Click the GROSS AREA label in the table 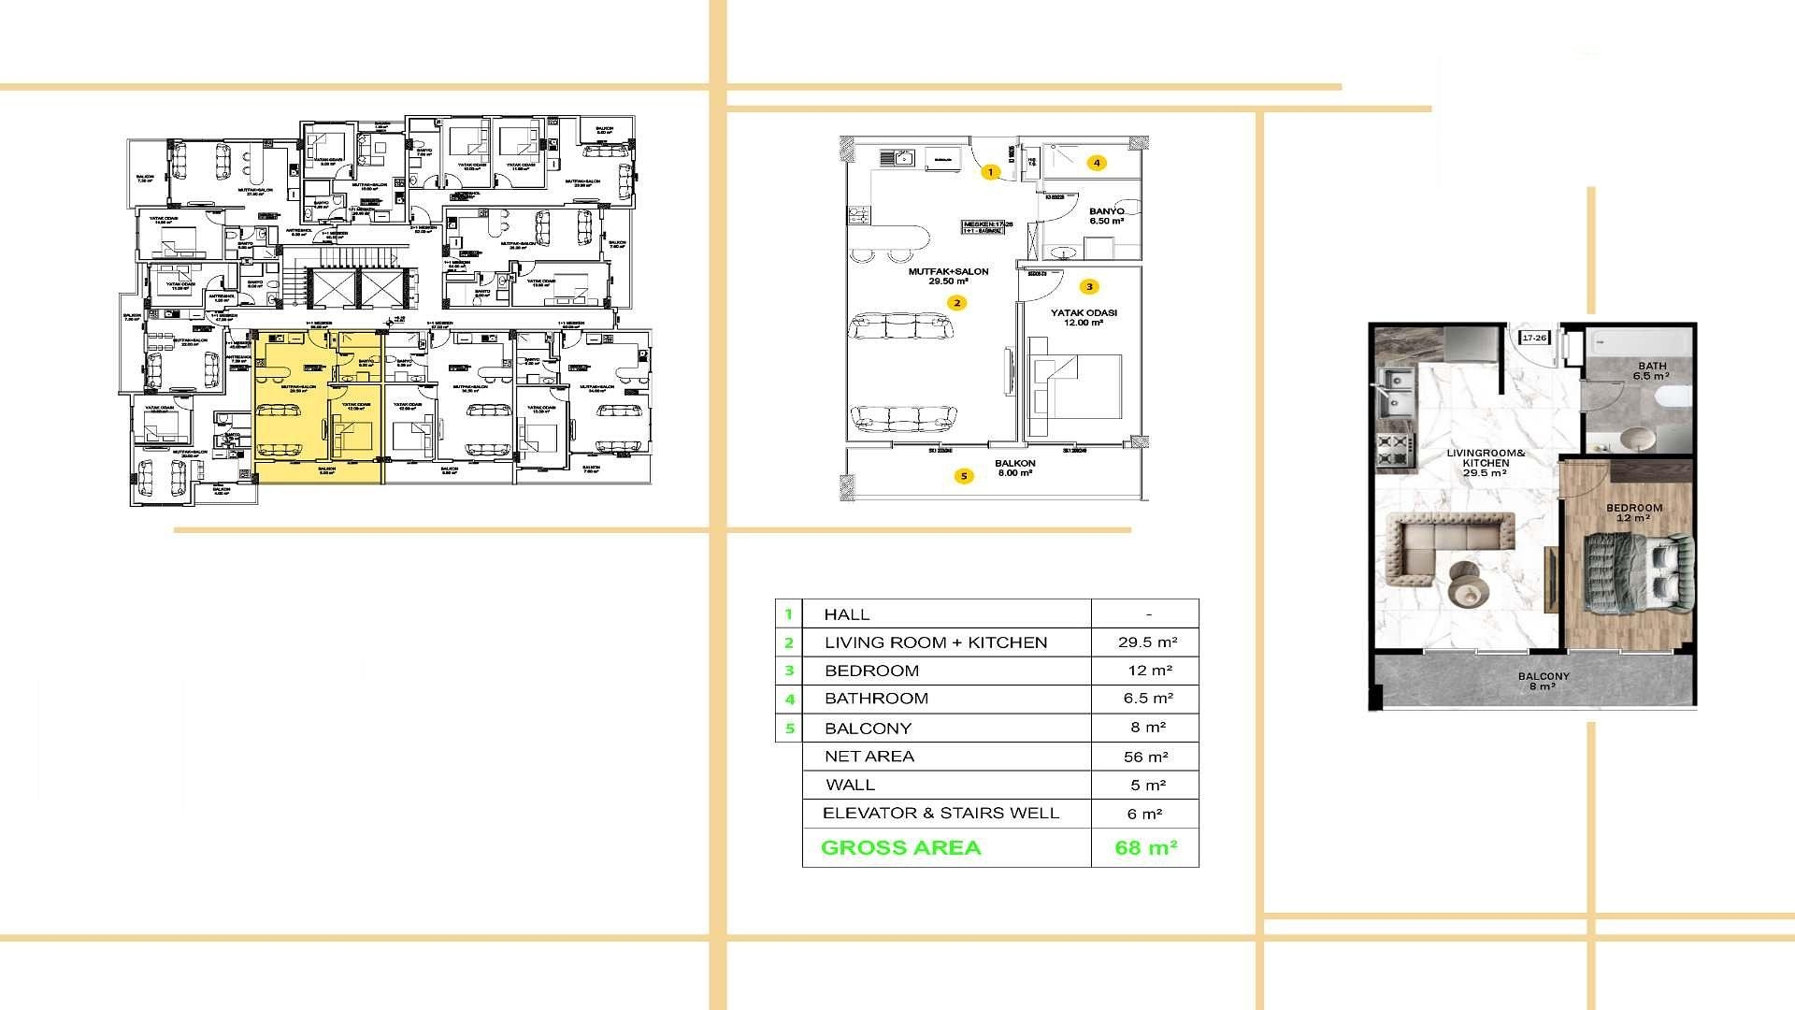pyautogui.click(x=900, y=848)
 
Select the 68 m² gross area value pyautogui.click(x=1145, y=848)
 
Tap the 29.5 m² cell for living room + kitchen pyautogui.click(x=1147, y=642)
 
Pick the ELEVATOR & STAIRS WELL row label pyautogui.click(x=941, y=814)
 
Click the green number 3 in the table pyautogui.click(x=789, y=671)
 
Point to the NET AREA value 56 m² pyautogui.click(x=1145, y=757)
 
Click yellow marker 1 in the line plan pyautogui.click(x=991, y=172)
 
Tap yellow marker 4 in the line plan pyautogui.click(x=1097, y=163)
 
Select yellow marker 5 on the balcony pyautogui.click(x=964, y=476)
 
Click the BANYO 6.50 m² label pyautogui.click(x=1106, y=216)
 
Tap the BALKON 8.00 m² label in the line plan pyautogui.click(x=1014, y=468)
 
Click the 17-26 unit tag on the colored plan pyautogui.click(x=1534, y=338)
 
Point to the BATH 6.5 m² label pyautogui.click(x=1651, y=371)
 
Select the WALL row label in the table pyautogui.click(x=850, y=786)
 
